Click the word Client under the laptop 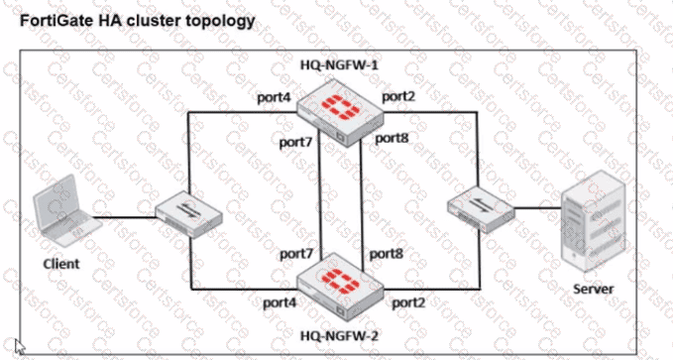(61, 264)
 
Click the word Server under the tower (594, 289)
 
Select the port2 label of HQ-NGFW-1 (398, 96)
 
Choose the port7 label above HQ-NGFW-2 (295, 255)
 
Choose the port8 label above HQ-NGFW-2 (387, 254)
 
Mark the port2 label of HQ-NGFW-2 (409, 300)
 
